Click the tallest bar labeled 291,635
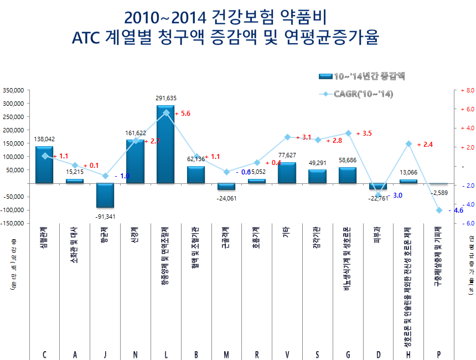pyautogui.click(x=165, y=144)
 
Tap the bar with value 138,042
pyautogui.click(x=44, y=164)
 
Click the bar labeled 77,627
pyautogui.click(x=287, y=172)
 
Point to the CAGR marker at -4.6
pyautogui.click(x=439, y=210)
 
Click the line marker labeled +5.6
pyautogui.click(x=166, y=112)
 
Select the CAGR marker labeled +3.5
pyautogui.click(x=348, y=133)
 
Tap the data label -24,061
pyautogui.click(x=227, y=198)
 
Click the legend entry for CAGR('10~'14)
pyautogui.click(x=363, y=94)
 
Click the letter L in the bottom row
pyautogui.click(x=165, y=354)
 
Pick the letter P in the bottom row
pyautogui.click(x=439, y=354)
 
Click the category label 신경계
pyautogui.click(x=136, y=233)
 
